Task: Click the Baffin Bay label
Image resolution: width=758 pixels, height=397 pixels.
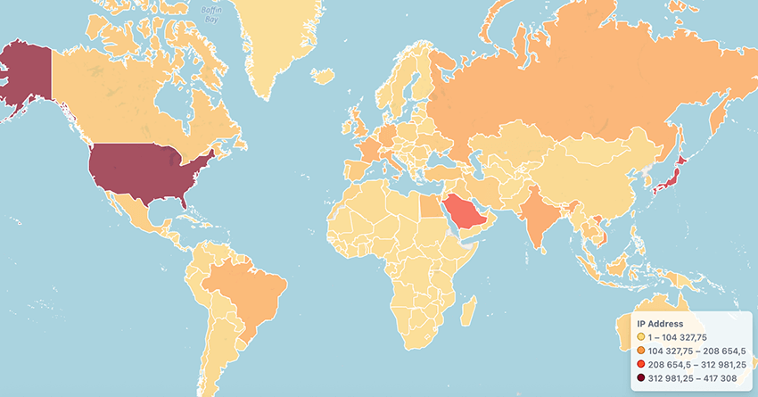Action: pos(210,13)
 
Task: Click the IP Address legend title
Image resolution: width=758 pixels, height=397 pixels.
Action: pos(660,323)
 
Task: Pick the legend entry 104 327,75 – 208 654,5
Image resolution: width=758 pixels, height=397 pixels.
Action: pos(691,352)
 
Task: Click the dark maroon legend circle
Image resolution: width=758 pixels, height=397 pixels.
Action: pos(640,380)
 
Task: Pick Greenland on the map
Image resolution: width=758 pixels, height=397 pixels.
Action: pos(276,36)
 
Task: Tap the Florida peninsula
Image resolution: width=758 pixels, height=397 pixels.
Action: pos(183,198)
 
